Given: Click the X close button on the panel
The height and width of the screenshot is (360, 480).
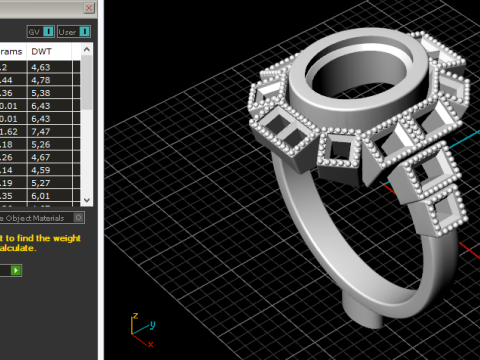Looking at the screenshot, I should [x=90, y=7].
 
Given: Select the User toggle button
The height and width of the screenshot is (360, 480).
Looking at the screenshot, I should [x=75, y=32].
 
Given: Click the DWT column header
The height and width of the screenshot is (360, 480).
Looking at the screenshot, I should [x=42, y=51].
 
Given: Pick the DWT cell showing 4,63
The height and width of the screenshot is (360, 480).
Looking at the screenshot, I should [x=41, y=67].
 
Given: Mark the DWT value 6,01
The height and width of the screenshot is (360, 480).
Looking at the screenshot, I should [x=41, y=197].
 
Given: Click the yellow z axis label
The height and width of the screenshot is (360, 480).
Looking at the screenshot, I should [x=135, y=315].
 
